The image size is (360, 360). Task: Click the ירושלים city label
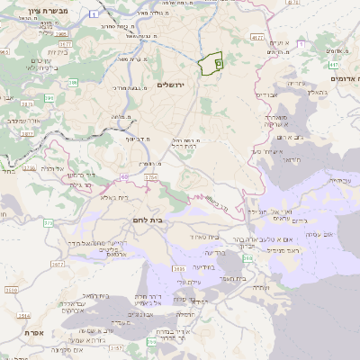[x=170, y=85]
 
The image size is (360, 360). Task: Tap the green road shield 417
[x=333, y=65]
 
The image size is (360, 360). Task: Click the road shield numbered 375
[x=49, y=221]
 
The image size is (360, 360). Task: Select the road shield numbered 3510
[x=11, y=291]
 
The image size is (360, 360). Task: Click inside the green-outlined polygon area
[x=210, y=63]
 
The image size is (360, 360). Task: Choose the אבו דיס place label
[x=271, y=94]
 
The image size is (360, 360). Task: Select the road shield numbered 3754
[x=150, y=179]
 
